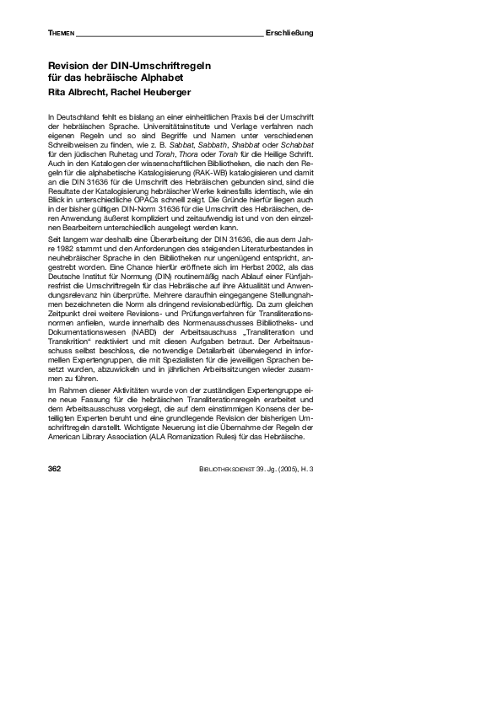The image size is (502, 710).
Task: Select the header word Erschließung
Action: [289, 33]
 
